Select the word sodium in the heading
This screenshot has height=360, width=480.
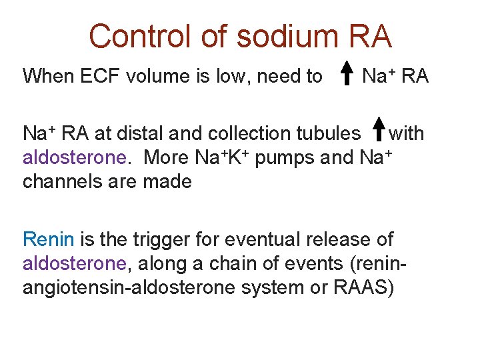coord(279,36)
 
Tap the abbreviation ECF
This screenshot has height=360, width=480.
coord(102,77)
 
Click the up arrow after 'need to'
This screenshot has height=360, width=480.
coord(347,74)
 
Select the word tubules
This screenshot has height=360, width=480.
coord(327,133)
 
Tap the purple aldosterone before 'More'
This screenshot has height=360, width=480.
coord(74,158)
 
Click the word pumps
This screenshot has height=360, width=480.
coord(276,158)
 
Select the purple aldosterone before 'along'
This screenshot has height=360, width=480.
coord(74,263)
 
